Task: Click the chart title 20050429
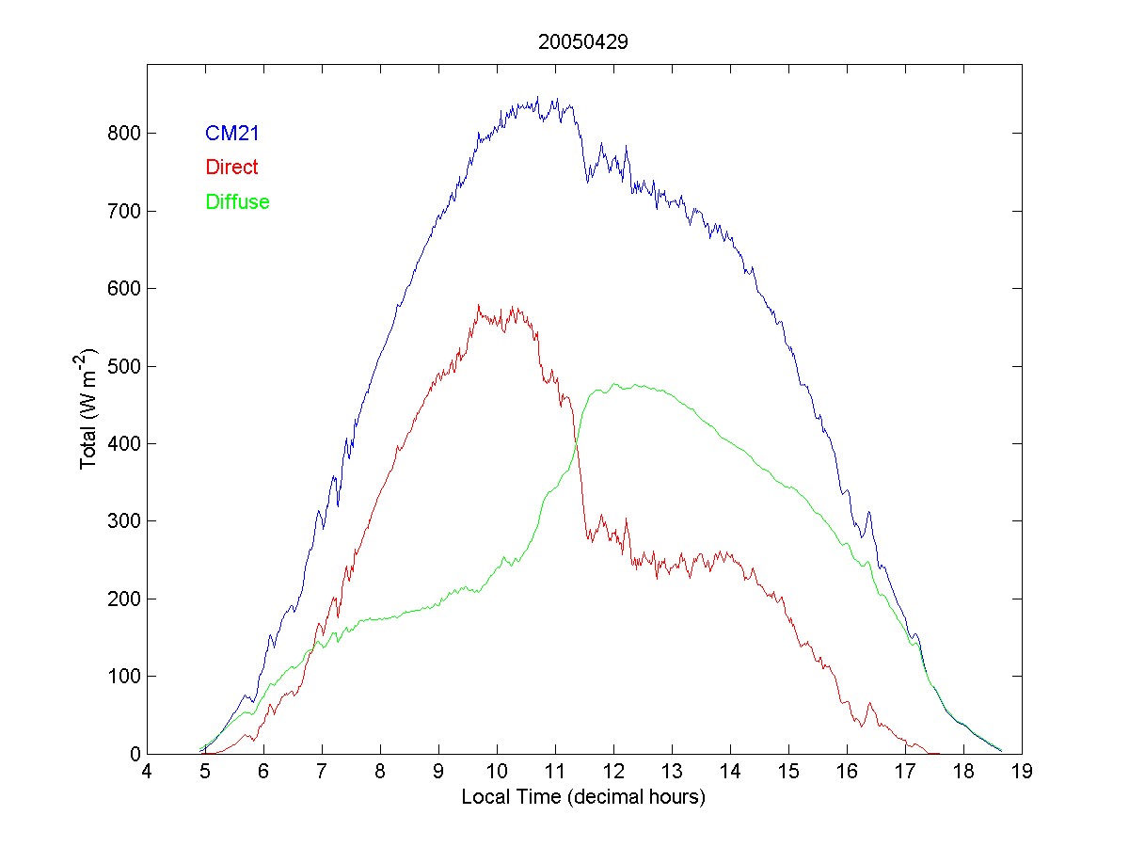(x=583, y=42)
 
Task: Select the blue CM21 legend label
(x=231, y=134)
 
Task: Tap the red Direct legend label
(x=231, y=168)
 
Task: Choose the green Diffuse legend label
(x=237, y=201)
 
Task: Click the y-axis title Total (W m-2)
(x=89, y=409)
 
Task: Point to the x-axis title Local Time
(x=583, y=798)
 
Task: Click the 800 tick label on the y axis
(x=123, y=134)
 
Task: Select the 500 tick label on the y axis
(x=123, y=366)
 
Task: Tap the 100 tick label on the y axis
(x=123, y=677)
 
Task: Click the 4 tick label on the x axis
(x=147, y=773)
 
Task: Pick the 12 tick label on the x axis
(x=613, y=773)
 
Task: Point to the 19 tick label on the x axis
(x=1022, y=773)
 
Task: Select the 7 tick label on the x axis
(x=322, y=773)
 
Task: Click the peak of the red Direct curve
(x=479, y=305)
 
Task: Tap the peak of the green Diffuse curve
(x=613, y=384)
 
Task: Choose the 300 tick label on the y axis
(x=123, y=521)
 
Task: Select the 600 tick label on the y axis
(x=123, y=289)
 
